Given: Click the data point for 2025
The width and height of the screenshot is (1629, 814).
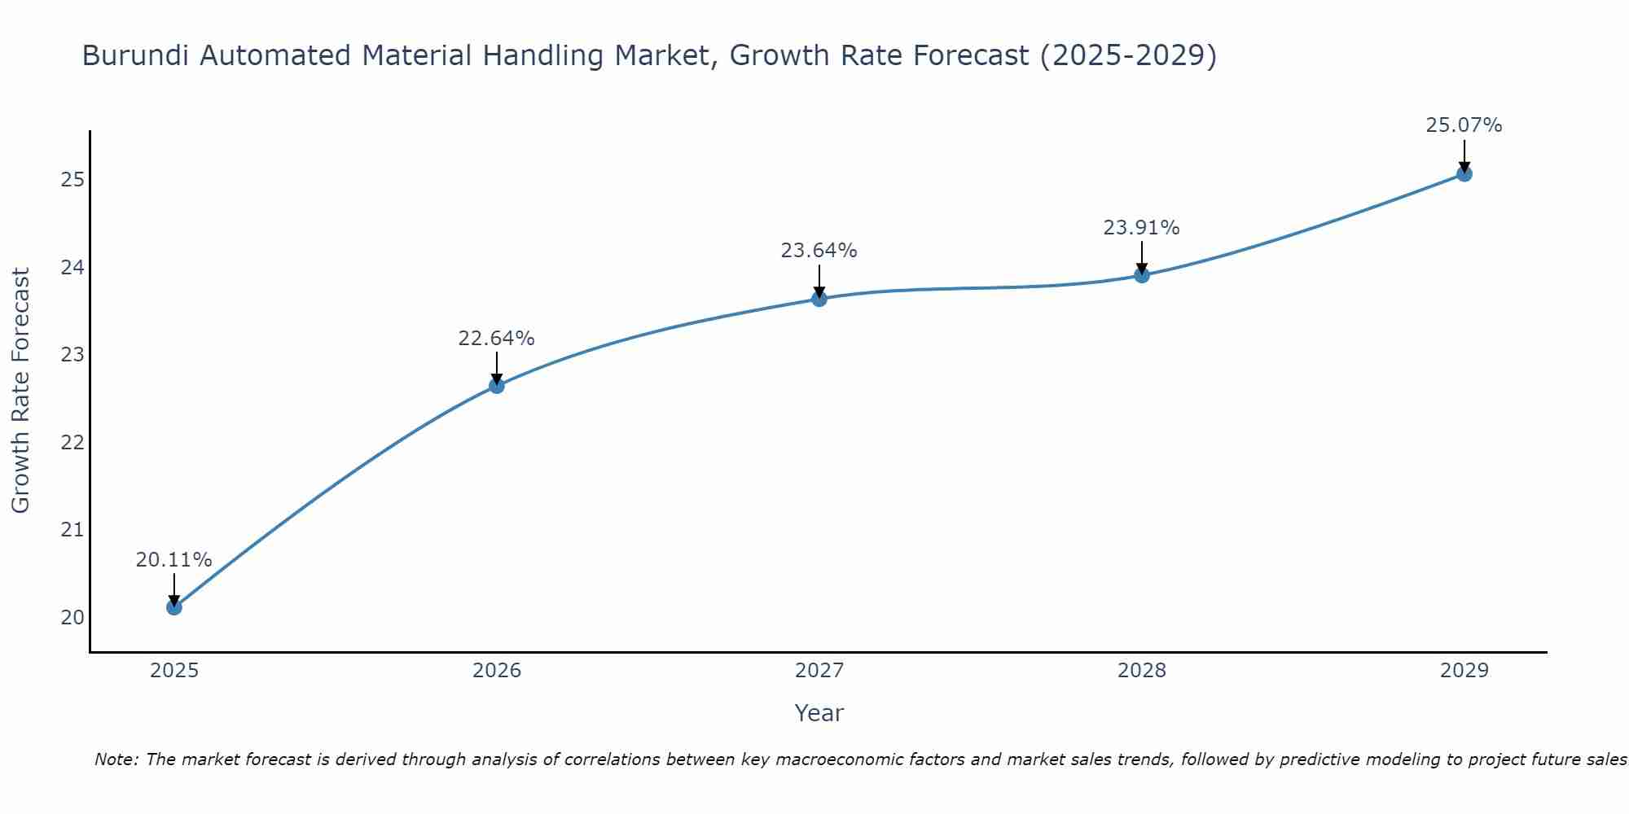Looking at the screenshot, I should coord(173,607).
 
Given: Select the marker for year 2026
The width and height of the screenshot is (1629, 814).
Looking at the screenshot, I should coord(496,386).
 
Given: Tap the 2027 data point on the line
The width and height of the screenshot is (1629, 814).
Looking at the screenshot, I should coord(819,299).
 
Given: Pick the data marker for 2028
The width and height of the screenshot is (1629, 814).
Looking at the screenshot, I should coord(1141,275).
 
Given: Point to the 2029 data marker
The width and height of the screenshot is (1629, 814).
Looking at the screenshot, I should coord(1464,173).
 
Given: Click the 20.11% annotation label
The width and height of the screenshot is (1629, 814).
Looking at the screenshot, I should coord(173,560).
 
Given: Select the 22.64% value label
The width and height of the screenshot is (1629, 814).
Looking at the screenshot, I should coord(496,339).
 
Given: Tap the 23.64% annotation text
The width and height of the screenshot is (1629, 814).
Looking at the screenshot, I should coord(819,251).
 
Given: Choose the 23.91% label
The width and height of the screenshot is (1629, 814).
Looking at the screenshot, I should coord(1141,228).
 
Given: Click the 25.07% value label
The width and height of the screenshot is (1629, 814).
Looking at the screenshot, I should coord(1464,125).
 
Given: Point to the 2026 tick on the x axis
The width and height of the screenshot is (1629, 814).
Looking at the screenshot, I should coord(497,671).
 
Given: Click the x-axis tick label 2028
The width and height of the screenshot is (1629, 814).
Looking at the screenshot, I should coord(1141,671).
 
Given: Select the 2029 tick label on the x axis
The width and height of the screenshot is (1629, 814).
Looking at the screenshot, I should coord(1464,671).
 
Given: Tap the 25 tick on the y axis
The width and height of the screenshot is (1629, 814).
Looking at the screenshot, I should coord(72,180).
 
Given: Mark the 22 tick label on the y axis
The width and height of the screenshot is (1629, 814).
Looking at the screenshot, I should coord(72,443).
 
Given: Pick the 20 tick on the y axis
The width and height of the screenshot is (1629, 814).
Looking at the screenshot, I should coord(72,618).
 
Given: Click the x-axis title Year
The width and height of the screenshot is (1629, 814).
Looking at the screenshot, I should coord(819,713).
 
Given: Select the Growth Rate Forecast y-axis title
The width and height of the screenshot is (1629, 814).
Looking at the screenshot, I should coord(21,391).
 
